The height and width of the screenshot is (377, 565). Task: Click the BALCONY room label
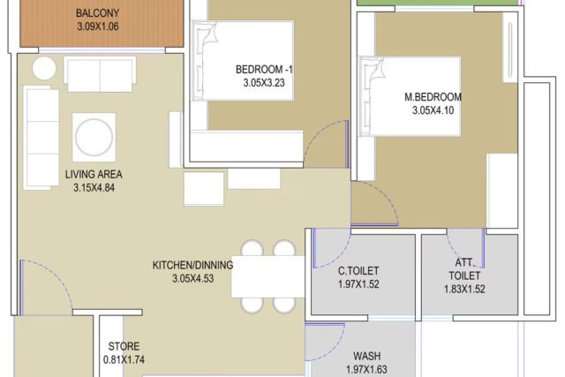tap(97, 13)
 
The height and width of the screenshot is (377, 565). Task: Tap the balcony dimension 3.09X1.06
tap(98, 26)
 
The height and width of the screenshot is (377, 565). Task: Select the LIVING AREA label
tap(94, 175)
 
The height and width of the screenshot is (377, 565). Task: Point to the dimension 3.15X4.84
tap(94, 187)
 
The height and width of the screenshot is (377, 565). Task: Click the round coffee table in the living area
tap(94, 138)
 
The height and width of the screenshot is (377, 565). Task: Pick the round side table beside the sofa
tap(44, 68)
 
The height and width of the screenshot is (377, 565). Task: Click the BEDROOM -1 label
tap(264, 69)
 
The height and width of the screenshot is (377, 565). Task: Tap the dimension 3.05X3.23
tap(264, 82)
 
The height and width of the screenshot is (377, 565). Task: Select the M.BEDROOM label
tap(433, 97)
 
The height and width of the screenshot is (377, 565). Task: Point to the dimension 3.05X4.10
tap(433, 110)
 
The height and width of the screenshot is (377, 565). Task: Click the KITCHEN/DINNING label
tap(192, 265)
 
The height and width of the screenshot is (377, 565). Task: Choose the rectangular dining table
tap(267, 276)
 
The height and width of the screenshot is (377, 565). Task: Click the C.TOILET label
tap(358, 271)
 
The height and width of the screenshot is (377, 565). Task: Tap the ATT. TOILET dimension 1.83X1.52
tap(464, 289)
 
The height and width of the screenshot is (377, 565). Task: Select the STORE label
tap(124, 346)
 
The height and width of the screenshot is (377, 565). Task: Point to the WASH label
tap(367, 356)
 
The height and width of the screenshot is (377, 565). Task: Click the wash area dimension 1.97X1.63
tap(366, 369)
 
